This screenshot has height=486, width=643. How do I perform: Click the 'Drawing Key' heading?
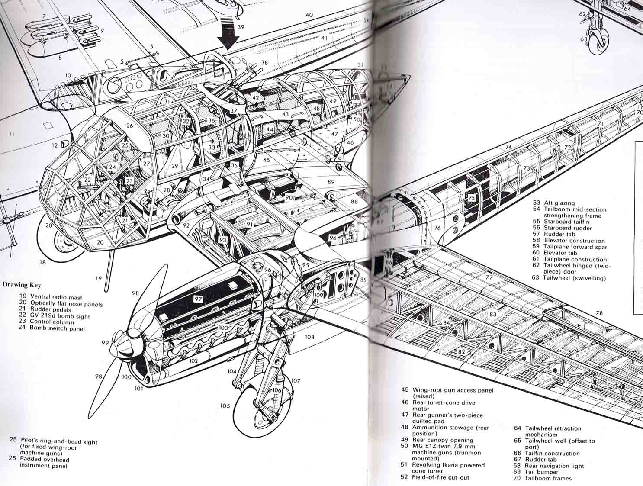click(x=21, y=285)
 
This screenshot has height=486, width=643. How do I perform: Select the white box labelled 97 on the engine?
click(x=198, y=299)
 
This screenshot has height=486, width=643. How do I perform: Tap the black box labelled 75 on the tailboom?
click(x=472, y=197)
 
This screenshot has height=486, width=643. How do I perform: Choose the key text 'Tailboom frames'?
click(x=547, y=478)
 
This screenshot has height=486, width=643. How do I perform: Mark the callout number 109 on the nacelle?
click(x=319, y=295)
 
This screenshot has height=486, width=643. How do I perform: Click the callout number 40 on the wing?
click(x=309, y=15)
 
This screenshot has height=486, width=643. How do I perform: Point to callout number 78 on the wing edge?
click(x=599, y=313)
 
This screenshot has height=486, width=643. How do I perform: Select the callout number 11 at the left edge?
click(x=11, y=134)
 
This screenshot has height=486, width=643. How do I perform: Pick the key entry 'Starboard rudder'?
click(x=567, y=228)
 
